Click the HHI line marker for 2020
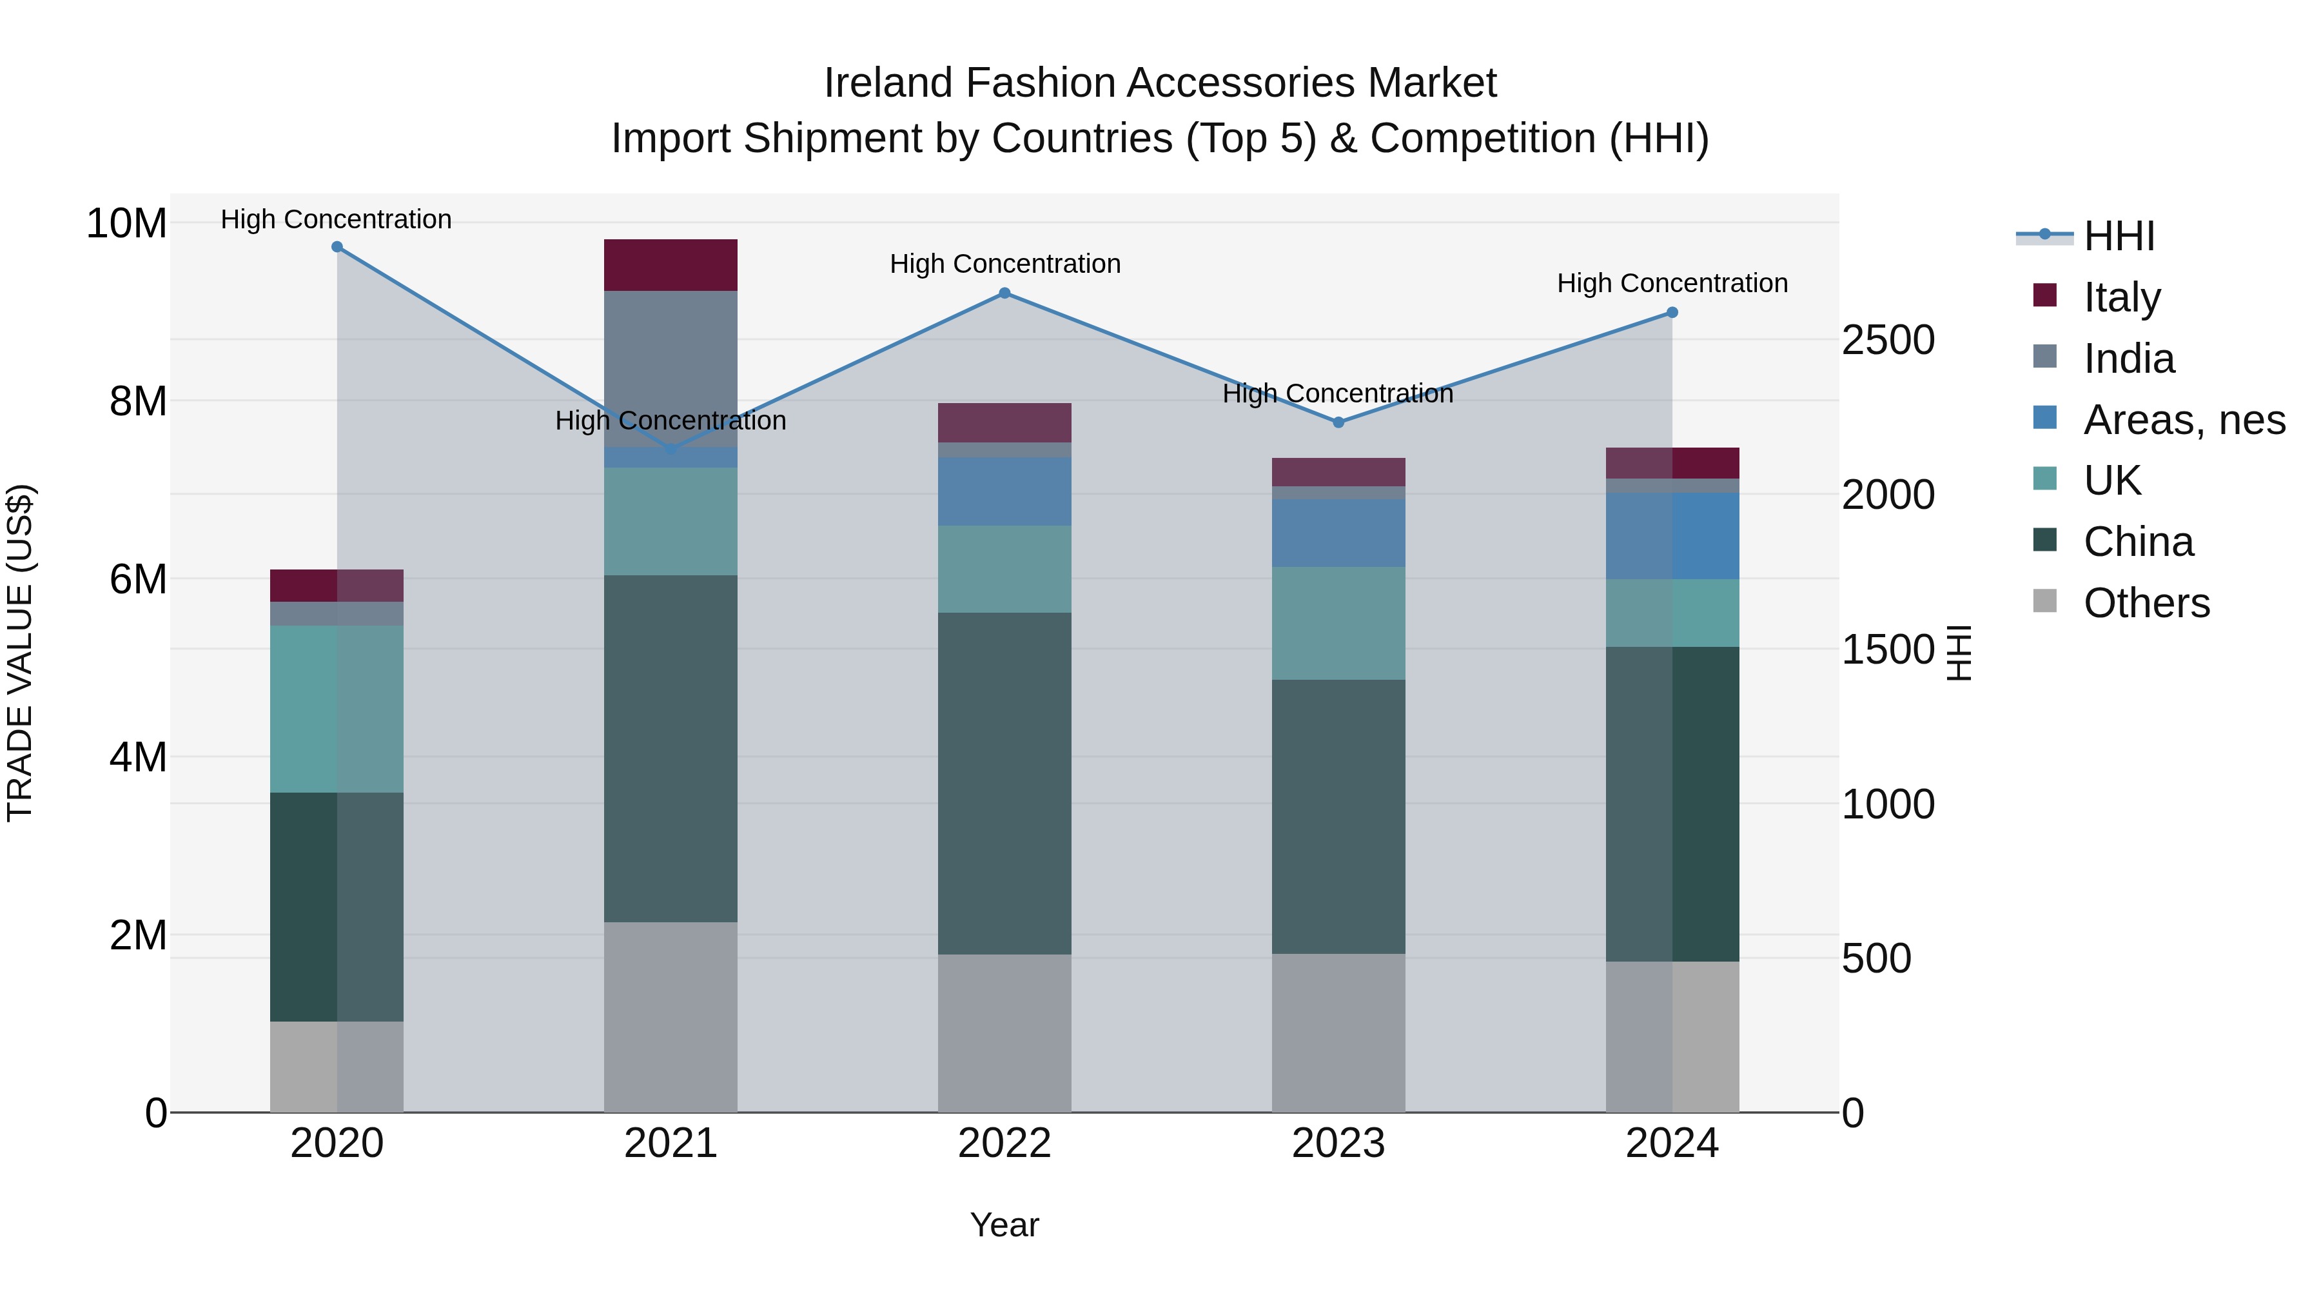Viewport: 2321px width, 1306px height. pyautogui.click(x=337, y=247)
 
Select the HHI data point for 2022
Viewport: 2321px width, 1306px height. pyautogui.click(x=1004, y=293)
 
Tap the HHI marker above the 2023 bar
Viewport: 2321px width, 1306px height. pyautogui.click(x=1338, y=422)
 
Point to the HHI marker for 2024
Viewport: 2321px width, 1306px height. pyautogui.click(x=1672, y=313)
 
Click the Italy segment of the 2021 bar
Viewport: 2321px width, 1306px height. pyautogui.click(x=671, y=265)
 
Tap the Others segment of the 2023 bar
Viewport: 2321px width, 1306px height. pyautogui.click(x=1338, y=1033)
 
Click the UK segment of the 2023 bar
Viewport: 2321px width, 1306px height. pyautogui.click(x=1338, y=623)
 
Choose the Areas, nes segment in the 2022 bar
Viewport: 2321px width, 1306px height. pyautogui.click(x=1004, y=491)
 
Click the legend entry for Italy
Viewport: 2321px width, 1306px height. pyautogui.click(x=2122, y=297)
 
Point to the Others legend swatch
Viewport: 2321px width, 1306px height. pyautogui.click(x=2045, y=601)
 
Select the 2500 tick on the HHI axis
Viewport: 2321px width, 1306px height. pyautogui.click(x=1888, y=341)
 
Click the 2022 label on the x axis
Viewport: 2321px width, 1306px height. pyautogui.click(x=1004, y=1143)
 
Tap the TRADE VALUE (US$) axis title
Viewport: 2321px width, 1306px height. pyautogui.click(x=20, y=653)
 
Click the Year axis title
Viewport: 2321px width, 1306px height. pyautogui.click(x=1004, y=1225)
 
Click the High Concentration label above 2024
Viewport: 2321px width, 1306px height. pyautogui.click(x=1672, y=283)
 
